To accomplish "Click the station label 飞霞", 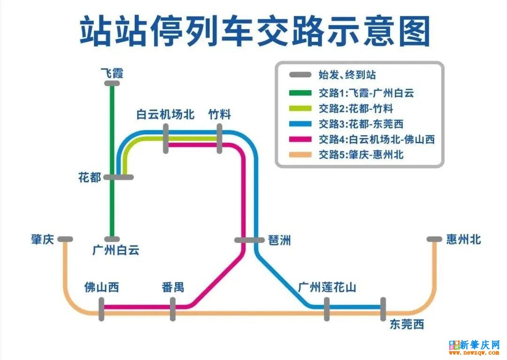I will pos(112,73).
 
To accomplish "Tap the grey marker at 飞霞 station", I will pos(112,84).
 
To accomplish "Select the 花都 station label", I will pos(90,177).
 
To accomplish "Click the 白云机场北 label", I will pos(165,115).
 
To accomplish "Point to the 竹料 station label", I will pos(220,115).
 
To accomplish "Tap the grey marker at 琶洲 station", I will pos(249,240).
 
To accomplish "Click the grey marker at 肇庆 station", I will pos(65,239).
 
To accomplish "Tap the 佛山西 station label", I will pos(101,287).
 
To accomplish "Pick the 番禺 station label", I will pos(172,287).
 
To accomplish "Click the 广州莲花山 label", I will pos(327,287).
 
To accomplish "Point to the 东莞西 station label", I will pos(407,324).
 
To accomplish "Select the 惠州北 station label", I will pos(464,239).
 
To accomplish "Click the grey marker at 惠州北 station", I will pos(434,239).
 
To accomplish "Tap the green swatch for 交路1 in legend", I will pos(300,92).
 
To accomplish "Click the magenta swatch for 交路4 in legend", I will pos(300,139).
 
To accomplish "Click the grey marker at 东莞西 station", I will pos(383,309).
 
